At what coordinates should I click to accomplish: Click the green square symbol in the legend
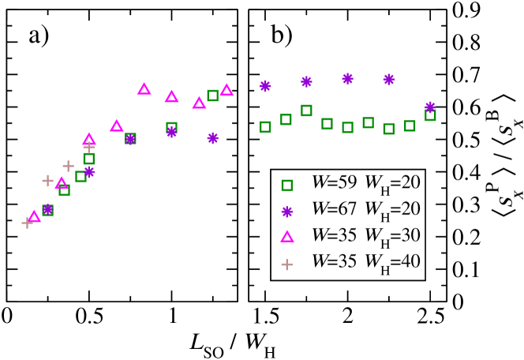[287, 186]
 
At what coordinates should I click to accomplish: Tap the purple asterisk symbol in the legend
[287, 212]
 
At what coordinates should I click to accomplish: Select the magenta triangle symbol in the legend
[287, 237]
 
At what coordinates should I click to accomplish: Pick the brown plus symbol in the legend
[287, 264]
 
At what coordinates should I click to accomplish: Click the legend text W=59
[334, 182]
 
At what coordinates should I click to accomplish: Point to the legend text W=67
[334, 208]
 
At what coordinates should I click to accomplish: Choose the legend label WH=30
[392, 236]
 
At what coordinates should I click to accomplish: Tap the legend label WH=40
[392, 262]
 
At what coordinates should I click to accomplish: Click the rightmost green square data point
[430, 115]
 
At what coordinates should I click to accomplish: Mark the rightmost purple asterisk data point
[430, 107]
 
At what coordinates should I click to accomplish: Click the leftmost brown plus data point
[28, 223]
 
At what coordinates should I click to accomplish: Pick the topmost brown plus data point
[88, 147]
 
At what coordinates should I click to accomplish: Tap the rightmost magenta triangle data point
[226, 90]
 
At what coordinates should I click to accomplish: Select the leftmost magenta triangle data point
[34, 216]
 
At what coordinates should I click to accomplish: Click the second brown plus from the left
[47, 181]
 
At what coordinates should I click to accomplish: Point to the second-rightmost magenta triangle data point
[199, 103]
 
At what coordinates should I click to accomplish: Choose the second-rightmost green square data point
[410, 126]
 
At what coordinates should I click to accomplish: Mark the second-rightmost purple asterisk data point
[389, 79]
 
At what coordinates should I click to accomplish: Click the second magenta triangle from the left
[62, 183]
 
